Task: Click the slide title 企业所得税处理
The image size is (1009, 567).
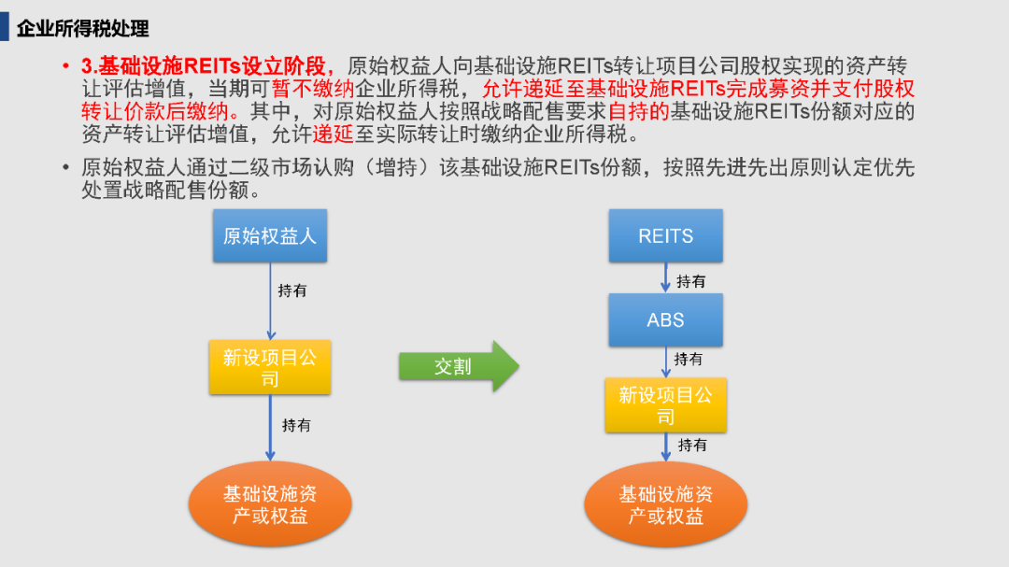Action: (x=83, y=28)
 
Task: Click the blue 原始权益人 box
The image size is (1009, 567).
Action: (x=270, y=235)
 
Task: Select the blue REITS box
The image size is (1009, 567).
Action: (x=666, y=235)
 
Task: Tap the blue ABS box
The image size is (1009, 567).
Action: (x=666, y=319)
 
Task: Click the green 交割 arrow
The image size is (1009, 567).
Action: (x=459, y=366)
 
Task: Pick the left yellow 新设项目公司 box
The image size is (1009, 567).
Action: (x=270, y=367)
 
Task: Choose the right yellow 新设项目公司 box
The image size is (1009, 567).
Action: (x=666, y=404)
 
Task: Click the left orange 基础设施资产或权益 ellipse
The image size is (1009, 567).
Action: (x=270, y=503)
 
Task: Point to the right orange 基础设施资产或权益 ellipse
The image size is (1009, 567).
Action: (x=666, y=503)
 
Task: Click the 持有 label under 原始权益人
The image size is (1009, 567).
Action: (x=292, y=291)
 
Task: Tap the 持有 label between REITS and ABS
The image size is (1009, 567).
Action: (x=691, y=281)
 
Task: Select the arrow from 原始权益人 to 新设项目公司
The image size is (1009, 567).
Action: (x=271, y=301)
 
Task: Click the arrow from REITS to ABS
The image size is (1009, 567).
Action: (x=666, y=277)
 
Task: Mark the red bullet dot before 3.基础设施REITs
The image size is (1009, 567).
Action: (x=65, y=65)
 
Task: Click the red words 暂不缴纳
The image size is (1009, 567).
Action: (x=313, y=89)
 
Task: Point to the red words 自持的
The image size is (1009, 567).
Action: (x=639, y=111)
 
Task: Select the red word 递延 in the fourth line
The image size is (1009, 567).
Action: (x=334, y=134)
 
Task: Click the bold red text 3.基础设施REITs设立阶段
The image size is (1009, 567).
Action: (x=204, y=65)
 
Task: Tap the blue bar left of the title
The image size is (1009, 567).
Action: (x=5, y=28)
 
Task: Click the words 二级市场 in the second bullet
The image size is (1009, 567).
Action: (x=270, y=167)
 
